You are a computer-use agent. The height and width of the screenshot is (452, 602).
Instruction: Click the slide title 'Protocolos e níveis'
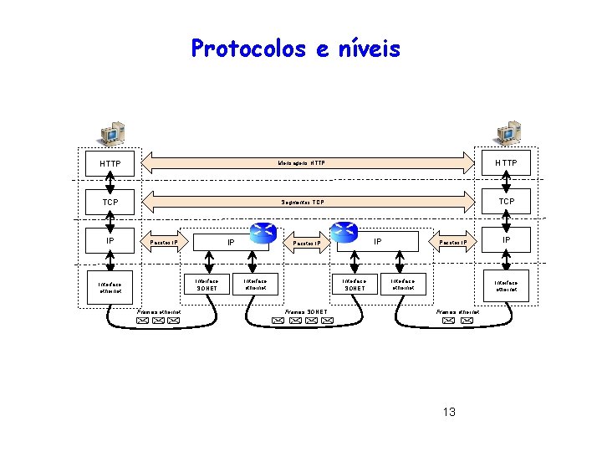click(296, 49)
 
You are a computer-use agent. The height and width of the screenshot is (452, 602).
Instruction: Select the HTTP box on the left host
click(110, 163)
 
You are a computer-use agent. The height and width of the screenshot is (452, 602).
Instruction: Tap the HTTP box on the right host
click(506, 162)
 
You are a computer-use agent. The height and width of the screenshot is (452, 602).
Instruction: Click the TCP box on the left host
click(110, 203)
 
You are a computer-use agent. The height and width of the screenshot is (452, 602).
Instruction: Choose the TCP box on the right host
click(506, 202)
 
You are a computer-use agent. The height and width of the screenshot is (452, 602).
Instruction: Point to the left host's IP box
click(110, 241)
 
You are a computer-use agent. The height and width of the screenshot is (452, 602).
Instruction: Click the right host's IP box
click(506, 241)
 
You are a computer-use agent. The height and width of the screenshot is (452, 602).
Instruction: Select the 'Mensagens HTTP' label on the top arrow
click(303, 162)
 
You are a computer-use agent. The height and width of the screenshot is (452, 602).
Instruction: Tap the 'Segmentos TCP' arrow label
click(303, 202)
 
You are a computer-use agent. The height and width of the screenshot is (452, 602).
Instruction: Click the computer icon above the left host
click(111, 132)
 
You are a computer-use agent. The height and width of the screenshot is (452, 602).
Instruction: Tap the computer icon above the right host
click(508, 132)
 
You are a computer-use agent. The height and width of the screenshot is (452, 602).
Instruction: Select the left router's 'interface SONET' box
click(207, 285)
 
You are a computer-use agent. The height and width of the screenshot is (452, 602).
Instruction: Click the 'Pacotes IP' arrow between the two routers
click(308, 244)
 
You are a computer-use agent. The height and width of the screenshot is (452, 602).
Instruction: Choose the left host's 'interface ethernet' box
click(110, 287)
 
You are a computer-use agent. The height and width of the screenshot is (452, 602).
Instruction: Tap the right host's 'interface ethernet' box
click(506, 287)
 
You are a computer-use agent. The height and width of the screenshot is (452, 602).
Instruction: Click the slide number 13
click(449, 412)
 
